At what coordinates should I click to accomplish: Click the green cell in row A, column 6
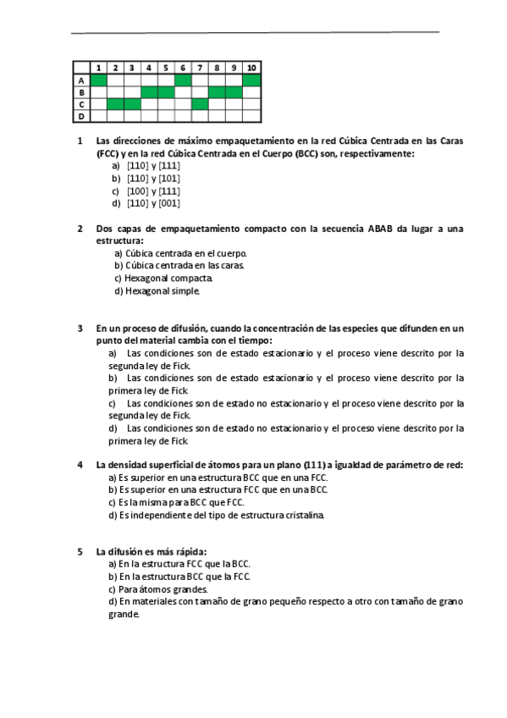coord(183,80)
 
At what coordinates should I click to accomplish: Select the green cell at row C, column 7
coord(200,104)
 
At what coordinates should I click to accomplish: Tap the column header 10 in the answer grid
coord(251,68)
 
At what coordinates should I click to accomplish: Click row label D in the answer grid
coord(81,116)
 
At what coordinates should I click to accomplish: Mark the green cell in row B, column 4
coord(149,92)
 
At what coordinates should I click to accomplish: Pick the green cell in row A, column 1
coord(98,80)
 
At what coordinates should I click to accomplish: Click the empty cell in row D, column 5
coord(166,116)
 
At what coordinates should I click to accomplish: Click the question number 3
coord(80,328)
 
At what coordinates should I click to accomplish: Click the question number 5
coord(80,552)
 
